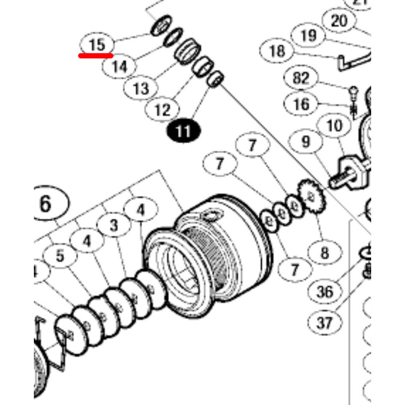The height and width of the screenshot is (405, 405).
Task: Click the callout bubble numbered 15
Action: tap(97, 44)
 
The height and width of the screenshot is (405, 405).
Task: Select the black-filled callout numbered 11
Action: tap(183, 131)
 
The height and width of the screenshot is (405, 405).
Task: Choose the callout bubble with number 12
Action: tap(162, 109)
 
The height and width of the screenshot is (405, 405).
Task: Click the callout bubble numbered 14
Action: tap(119, 66)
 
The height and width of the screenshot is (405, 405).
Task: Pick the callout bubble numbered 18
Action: tap(277, 51)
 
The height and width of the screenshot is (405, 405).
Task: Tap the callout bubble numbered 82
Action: tap(301, 78)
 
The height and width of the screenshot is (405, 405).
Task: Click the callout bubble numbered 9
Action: tap(306, 141)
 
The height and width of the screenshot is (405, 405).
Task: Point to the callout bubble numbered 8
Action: tap(325, 253)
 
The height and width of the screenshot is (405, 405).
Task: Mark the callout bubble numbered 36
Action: tap(325, 291)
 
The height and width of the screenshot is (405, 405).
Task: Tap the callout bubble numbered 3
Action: tap(114, 225)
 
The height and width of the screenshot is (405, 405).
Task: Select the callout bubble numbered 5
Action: tap(60, 255)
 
